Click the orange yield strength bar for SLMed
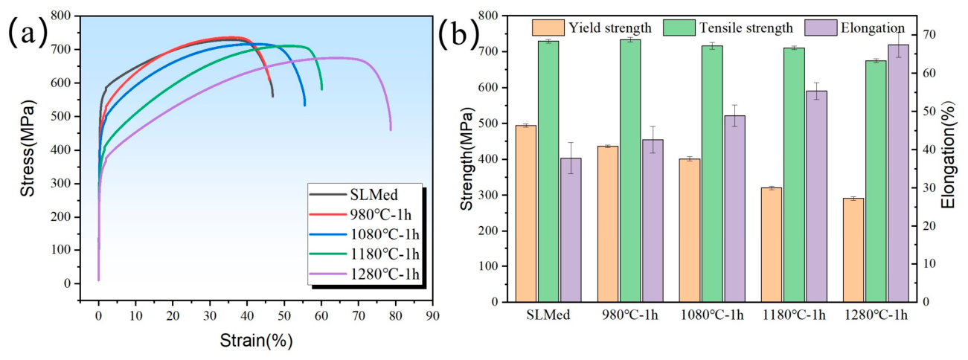[526, 213]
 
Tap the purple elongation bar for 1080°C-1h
[734, 208]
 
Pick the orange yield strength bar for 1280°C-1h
[853, 250]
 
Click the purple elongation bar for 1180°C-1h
[816, 196]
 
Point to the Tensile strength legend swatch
[679, 28]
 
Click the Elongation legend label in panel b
[873, 28]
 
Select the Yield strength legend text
[610, 28]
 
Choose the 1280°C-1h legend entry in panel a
[365, 274]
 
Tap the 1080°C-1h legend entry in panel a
[365, 234]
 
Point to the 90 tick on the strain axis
[432, 315]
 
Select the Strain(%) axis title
[256, 341]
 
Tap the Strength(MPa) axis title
[467, 158]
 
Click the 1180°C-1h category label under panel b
[795, 315]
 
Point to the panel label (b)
[459, 32]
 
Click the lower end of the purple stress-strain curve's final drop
[391, 129]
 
